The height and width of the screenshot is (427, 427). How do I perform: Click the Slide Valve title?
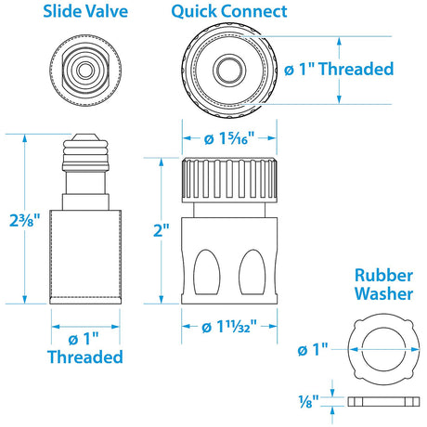point(85,12)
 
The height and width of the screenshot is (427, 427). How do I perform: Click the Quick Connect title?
point(227,12)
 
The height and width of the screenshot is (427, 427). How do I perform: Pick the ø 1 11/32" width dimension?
point(227,326)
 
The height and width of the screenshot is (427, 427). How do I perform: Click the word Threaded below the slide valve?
point(85,356)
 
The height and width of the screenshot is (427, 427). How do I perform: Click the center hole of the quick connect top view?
point(227,70)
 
